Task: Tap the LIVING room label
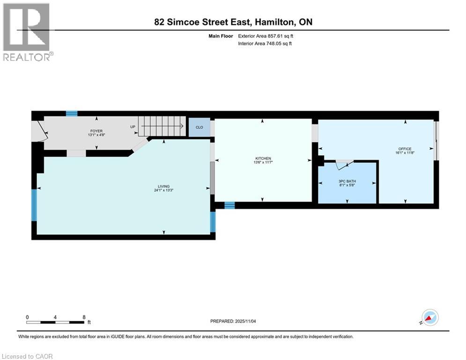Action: (163, 187)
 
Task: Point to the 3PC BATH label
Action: (348, 180)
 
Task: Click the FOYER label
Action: (96, 131)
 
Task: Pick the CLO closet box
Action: (199, 127)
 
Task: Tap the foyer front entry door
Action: (39, 130)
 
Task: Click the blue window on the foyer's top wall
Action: (72, 113)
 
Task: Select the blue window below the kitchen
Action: (229, 205)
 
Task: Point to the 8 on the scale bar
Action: (84, 317)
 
